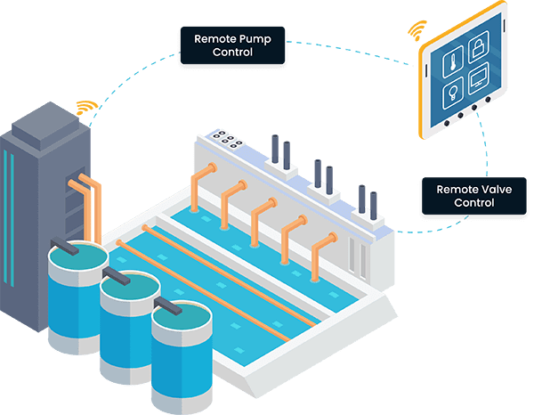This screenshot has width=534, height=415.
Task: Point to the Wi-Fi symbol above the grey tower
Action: click(x=85, y=108)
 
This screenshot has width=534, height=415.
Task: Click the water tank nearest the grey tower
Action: click(x=75, y=294)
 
